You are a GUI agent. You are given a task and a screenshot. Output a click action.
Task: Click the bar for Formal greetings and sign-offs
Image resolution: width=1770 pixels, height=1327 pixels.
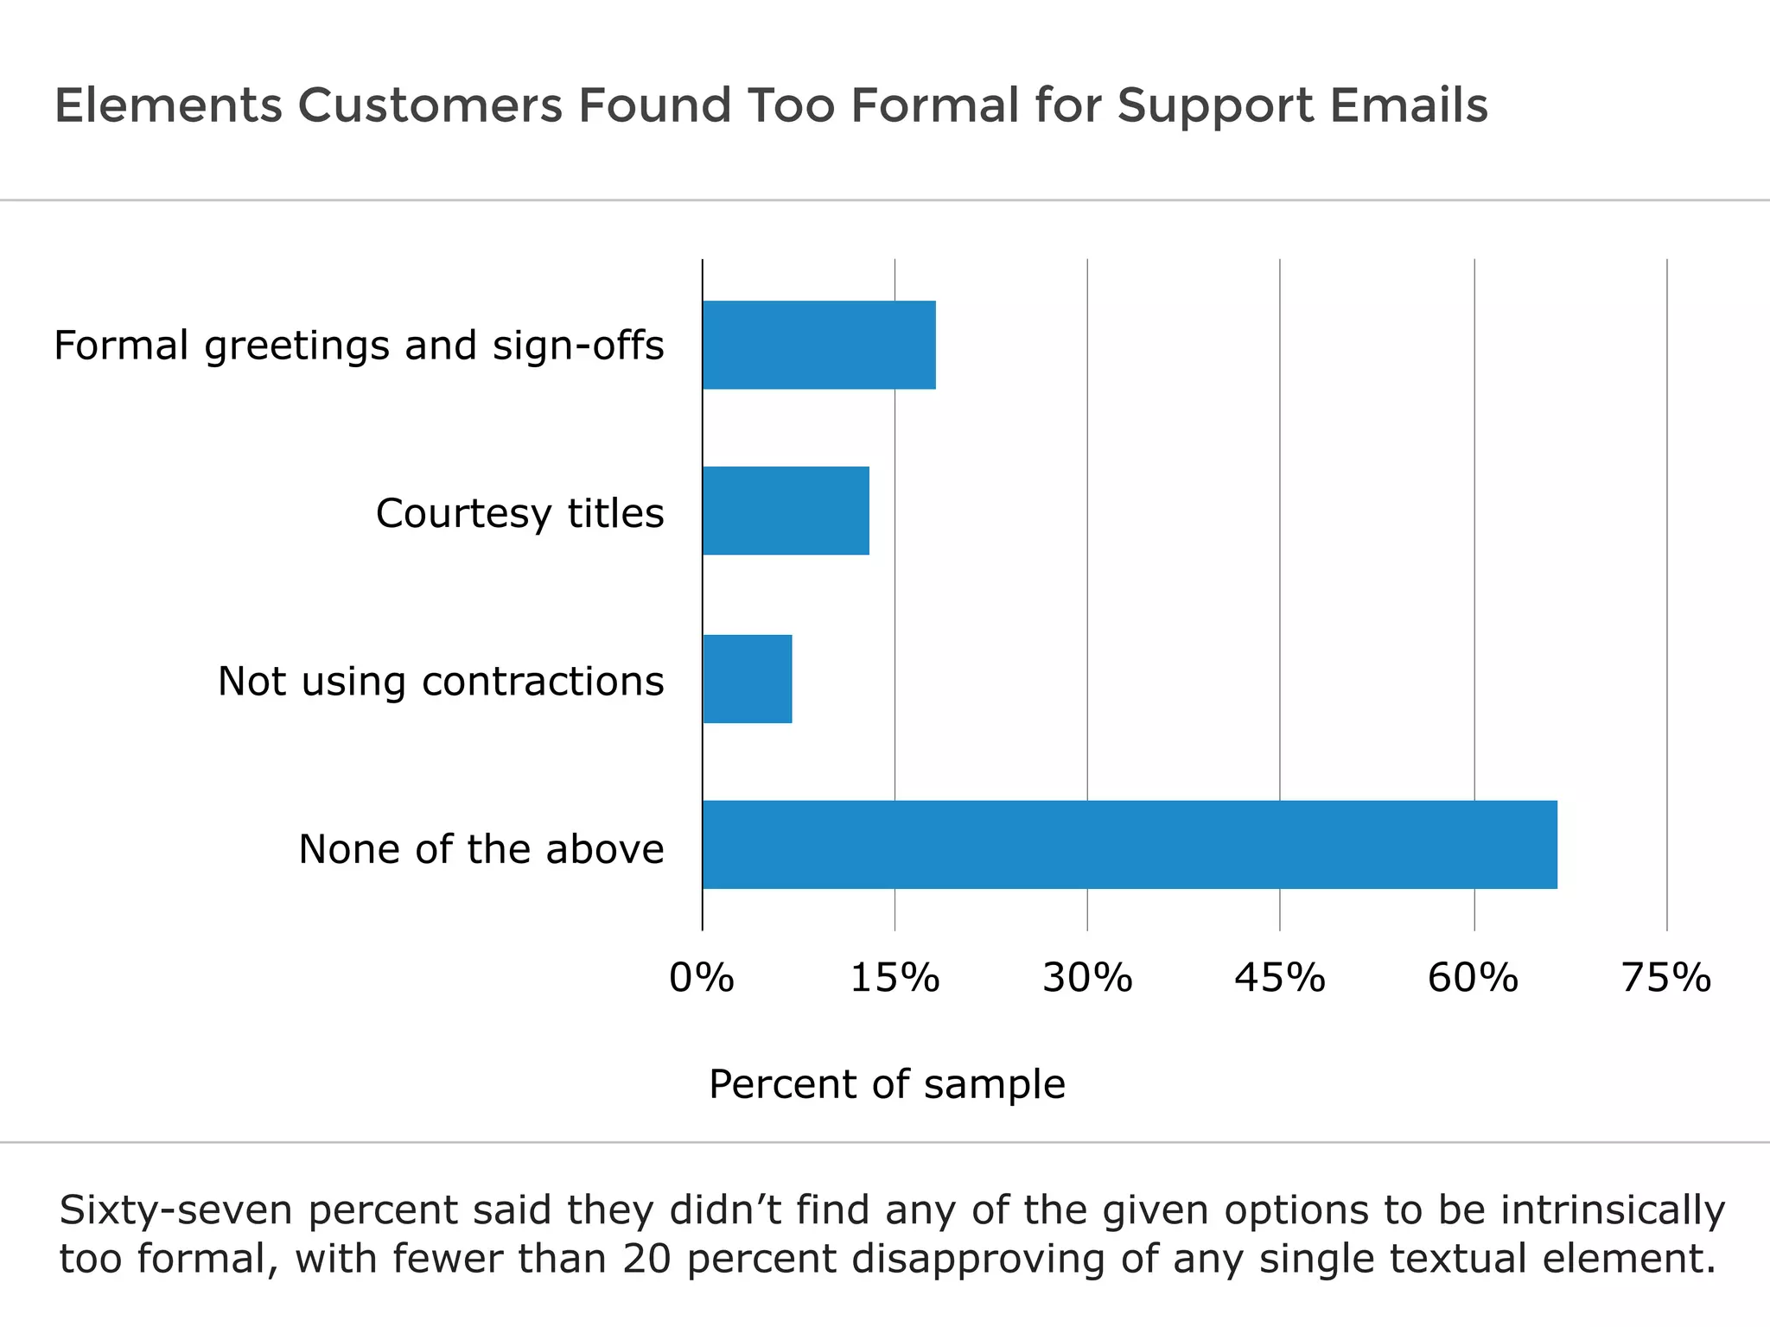point(818,345)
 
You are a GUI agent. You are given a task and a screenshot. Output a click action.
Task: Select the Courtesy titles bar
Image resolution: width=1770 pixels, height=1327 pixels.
point(785,511)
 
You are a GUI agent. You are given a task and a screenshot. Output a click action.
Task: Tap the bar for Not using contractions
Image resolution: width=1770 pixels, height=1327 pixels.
point(747,679)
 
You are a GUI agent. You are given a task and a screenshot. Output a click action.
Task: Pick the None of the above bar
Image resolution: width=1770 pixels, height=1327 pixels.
point(1129,845)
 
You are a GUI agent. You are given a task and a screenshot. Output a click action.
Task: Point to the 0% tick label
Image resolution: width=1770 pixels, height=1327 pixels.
point(702,978)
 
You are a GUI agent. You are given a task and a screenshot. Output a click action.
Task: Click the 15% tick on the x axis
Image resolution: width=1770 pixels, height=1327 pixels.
point(895,978)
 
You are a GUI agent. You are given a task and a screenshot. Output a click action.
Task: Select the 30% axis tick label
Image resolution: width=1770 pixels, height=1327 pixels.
point(1087,978)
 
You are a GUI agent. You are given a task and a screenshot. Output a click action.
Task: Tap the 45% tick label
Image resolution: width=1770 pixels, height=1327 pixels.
point(1280,978)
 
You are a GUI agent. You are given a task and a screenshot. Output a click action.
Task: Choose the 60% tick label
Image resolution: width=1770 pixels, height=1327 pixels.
point(1473,978)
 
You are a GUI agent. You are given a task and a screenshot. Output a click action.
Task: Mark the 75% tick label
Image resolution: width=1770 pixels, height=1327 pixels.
point(1666,978)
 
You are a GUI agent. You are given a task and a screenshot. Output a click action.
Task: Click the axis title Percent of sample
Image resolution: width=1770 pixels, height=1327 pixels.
point(887,1084)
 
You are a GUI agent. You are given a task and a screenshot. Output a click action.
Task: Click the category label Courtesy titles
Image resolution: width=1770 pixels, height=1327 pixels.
point(519,513)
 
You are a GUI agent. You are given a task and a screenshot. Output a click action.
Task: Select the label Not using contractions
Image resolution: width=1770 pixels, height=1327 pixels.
point(441,681)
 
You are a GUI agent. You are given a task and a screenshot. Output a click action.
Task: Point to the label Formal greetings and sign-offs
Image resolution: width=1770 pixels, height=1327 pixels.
point(359,346)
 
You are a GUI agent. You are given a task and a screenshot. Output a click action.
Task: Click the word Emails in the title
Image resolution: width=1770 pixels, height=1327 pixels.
point(1409,105)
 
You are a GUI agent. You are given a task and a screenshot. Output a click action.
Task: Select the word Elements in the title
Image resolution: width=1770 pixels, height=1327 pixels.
point(169,105)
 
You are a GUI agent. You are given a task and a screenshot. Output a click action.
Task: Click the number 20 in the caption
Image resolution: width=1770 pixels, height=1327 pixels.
point(646,1259)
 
